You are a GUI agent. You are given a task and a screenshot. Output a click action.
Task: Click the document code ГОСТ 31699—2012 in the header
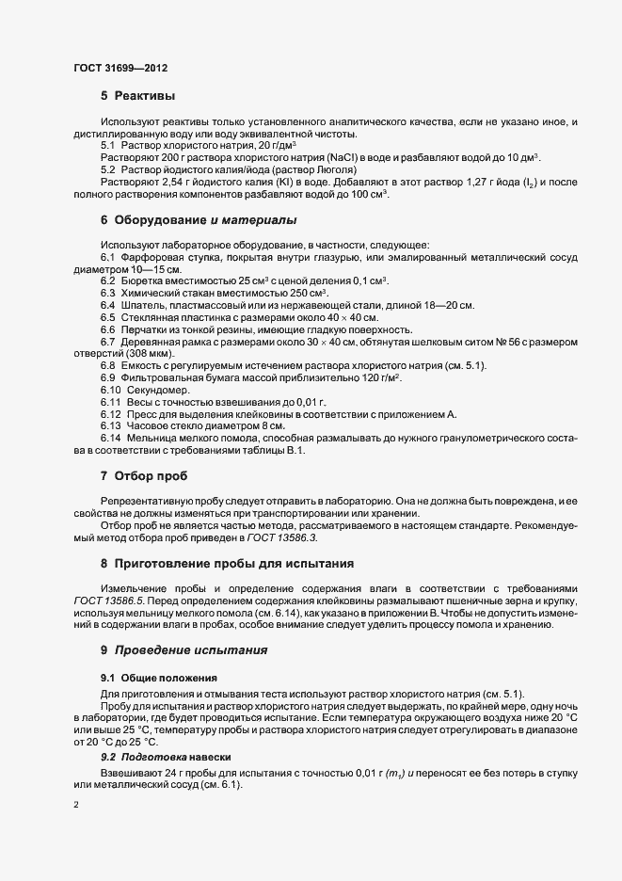[120, 68]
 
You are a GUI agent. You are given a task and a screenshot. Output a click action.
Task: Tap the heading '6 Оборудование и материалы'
[199, 220]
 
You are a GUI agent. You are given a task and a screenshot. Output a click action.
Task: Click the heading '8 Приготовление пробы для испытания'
[227, 564]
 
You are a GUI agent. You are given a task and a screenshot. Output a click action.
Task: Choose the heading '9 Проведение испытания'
[184, 649]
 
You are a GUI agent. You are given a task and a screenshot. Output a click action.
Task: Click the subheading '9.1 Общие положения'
[159, 678]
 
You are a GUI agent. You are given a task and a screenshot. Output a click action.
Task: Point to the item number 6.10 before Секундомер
[111, 390]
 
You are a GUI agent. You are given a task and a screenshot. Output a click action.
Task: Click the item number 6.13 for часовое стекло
[111, 426]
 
